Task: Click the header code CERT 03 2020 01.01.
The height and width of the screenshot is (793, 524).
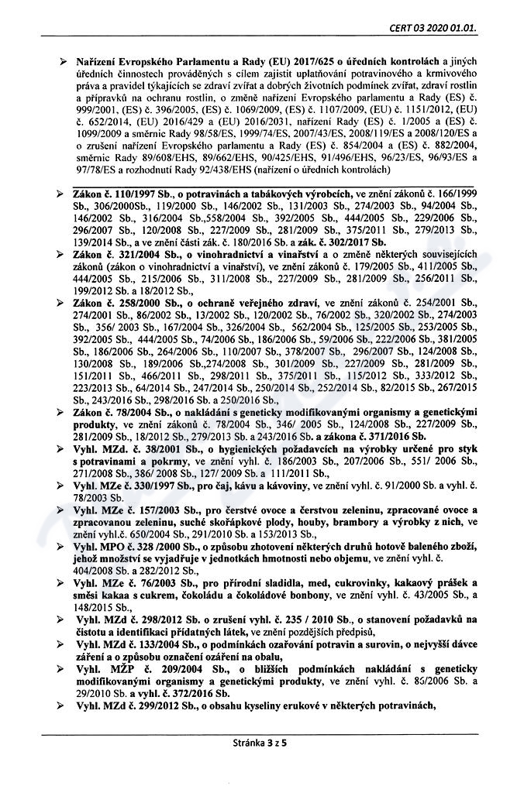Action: coord(434,30)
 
